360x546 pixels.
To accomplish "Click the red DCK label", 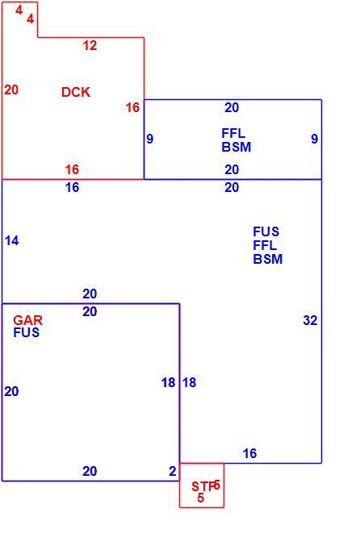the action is pyautogui.click(x=76, y=92).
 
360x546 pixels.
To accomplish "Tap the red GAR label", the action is pyautogui.click(x=28, y=319).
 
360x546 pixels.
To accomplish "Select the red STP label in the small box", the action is pyautogui.click(x=203, y=486).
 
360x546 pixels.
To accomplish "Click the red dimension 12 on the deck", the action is pyautogui.click(x=90, y=45).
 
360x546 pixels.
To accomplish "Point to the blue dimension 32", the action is pyautogui.click(x=310, y=320).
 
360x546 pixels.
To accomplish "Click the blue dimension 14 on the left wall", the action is pyautogui.click(x=11, y=240).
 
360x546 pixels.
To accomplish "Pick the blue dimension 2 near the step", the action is pyautogui.click(x=173, y=471).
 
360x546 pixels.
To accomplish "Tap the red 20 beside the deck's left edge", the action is pyautogui.click(x=11, y=90).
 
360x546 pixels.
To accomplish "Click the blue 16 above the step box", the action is pyautogui.click(x=249, y=453).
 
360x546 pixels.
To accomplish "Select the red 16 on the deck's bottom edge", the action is pyautogui.click(x=72, y=169).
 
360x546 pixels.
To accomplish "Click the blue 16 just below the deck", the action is pyautogui.click(x=72, y=187).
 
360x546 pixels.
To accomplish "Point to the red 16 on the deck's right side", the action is pyautogui.click(x=132, y=107).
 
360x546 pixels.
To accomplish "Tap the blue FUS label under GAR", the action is pyautogui.click(x=26, y=332).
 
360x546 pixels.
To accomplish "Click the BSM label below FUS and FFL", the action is pyautogui.click(x=268, y=259).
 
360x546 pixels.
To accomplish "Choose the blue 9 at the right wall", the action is pyautogui.click(x=314, y=139).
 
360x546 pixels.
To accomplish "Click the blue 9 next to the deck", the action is pyautogui.click(x=149, y=139).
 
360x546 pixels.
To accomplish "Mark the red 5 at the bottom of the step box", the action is pyautogui.click(x=200, y=498).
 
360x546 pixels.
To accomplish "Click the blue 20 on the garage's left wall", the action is pyautogui.click(x=11, y=391).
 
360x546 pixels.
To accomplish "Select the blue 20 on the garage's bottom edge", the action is pyautogui.click(x=90, y=471).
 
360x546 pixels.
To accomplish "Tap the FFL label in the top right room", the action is pyautogui.click(x=233, y=133).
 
